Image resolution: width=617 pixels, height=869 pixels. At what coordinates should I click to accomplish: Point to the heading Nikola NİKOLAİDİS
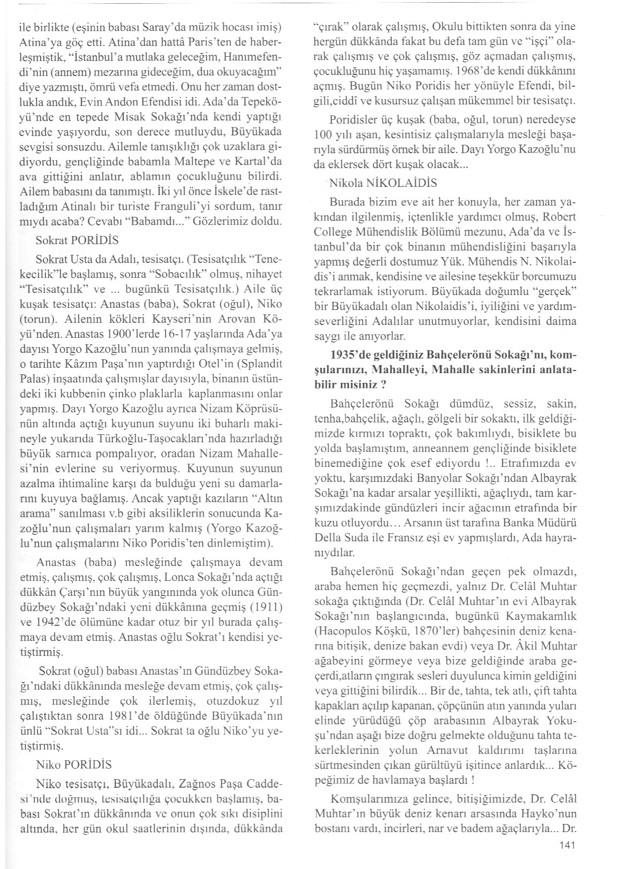pos(383,183)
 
